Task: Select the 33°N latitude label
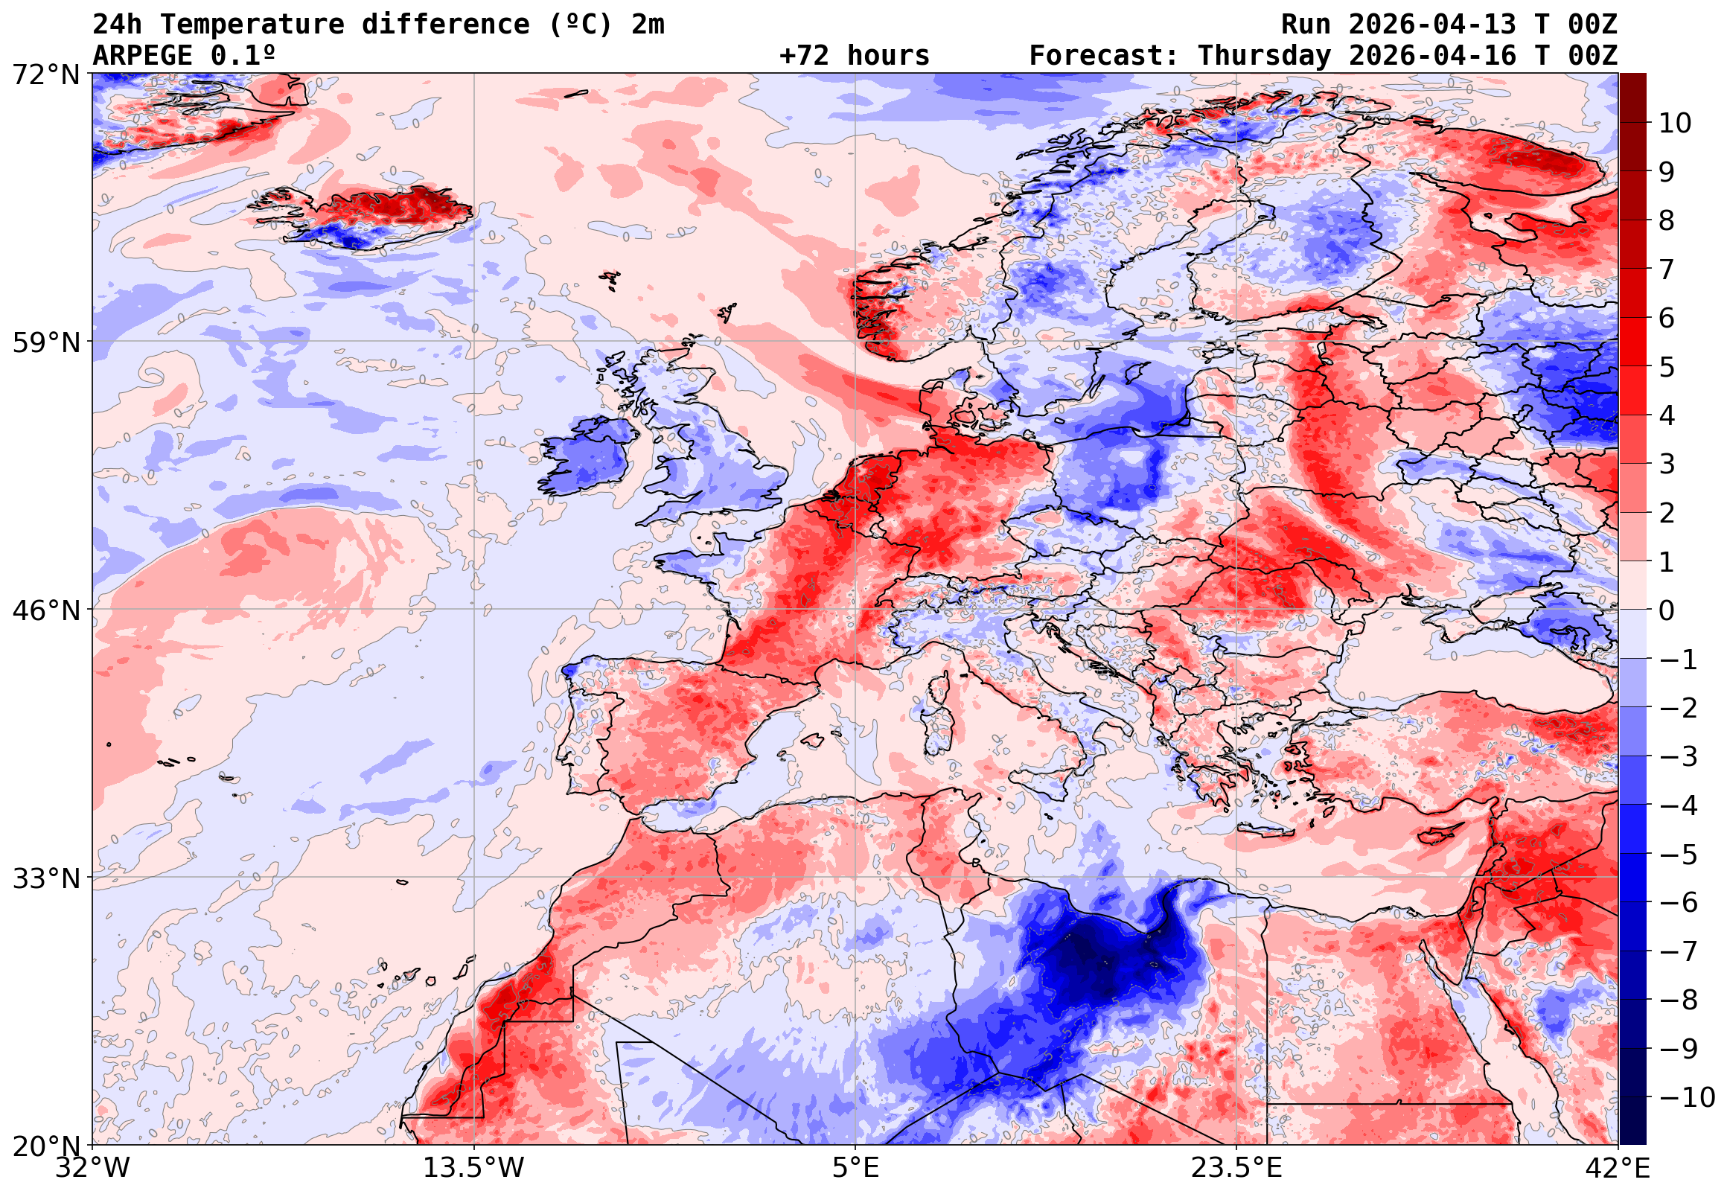[45, 878]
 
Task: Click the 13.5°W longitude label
[474, 1168]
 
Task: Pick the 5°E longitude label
[855, 1168]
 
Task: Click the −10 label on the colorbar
[1687, 1097]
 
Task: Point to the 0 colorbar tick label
[1667, 610]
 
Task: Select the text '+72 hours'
[854, 55]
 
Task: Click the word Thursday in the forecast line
[1264, 55]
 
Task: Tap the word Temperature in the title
[252, 25]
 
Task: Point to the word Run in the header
[1306, 25]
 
